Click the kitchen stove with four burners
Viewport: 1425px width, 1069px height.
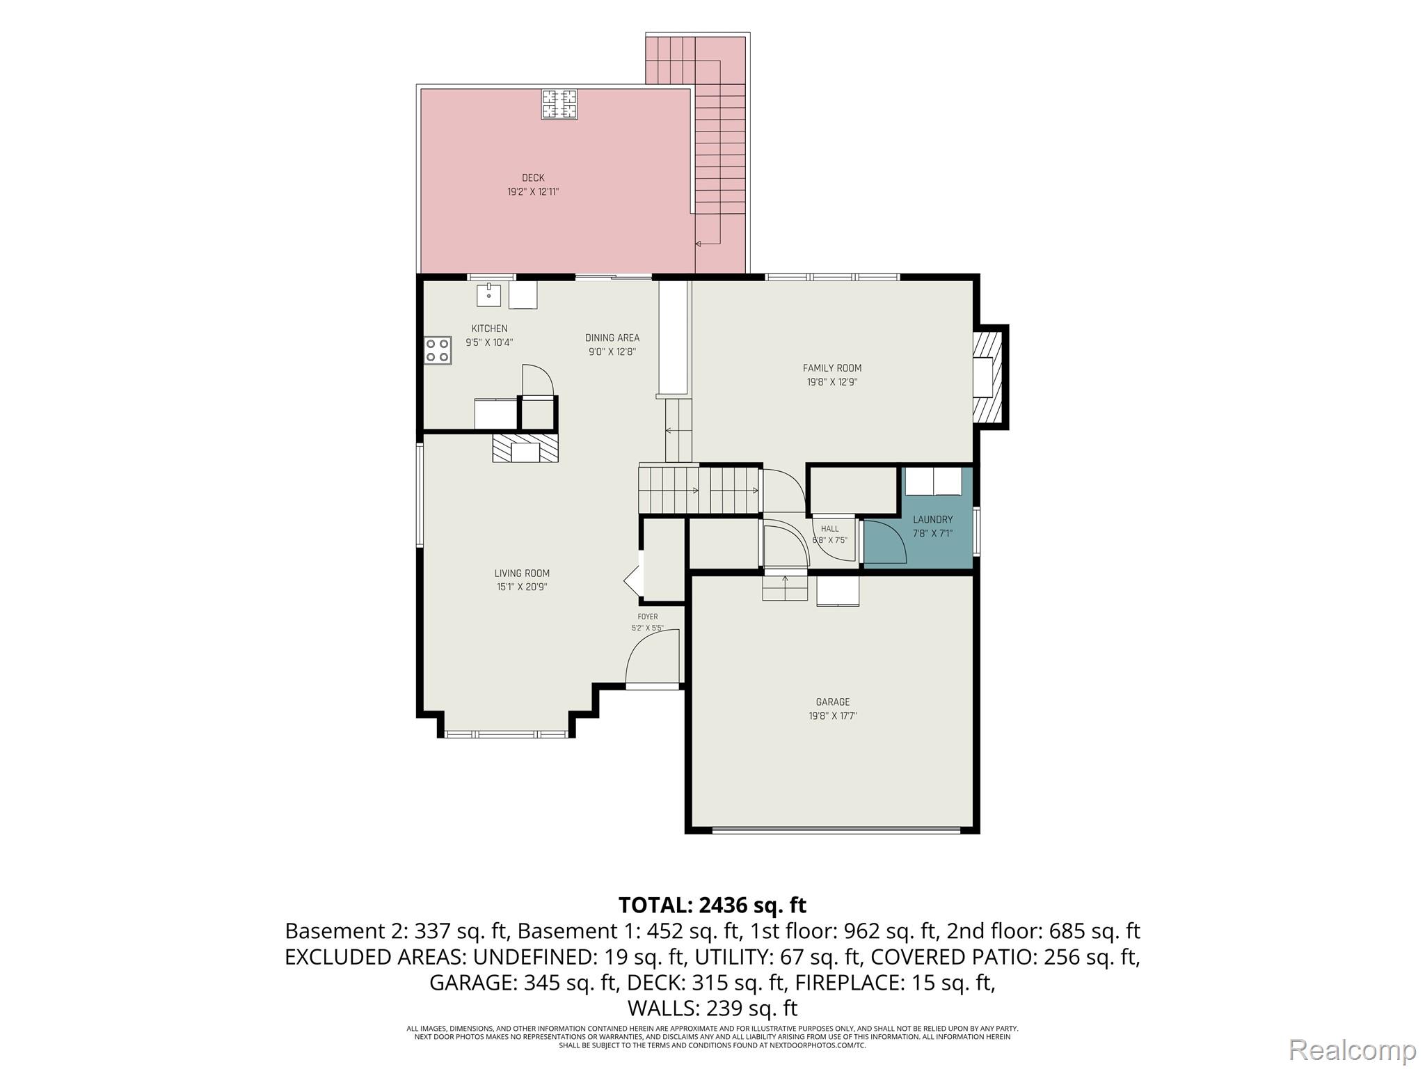click(x=438, y=350)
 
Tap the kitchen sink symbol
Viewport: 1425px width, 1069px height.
click(x=488, y=295)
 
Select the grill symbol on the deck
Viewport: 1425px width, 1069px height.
click(x=559, y=105)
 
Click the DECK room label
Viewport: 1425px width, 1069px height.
click(x=533, y=177)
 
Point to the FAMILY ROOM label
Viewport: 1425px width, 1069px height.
click(x=832, y=368)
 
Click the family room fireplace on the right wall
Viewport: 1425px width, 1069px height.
click(x=988, y=377)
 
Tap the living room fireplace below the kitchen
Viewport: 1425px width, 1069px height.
click(x=525, y=448)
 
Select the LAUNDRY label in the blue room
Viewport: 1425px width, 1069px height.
click(x=932, y=519)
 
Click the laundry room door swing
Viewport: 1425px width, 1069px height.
click(x=884, y=541)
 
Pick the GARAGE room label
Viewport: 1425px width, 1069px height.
click(x=833, y=702)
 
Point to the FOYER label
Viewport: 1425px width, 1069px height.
click(x=647, y=617)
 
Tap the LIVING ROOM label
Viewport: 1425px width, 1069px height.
click(x=522, y=573)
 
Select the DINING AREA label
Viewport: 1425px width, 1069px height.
click(x=612, y=338)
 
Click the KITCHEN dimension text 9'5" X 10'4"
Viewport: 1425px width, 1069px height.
click(x=489, y=342)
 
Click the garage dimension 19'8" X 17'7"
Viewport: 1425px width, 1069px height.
click(x=833, y=716)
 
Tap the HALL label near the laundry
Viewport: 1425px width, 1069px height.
click(x=830, y=529)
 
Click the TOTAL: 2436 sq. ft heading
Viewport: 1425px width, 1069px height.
click(x=712, y=905)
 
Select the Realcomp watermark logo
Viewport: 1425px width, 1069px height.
click(x=1353, y=1050)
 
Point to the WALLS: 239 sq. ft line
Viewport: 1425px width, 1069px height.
click(x=712, y=1008)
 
